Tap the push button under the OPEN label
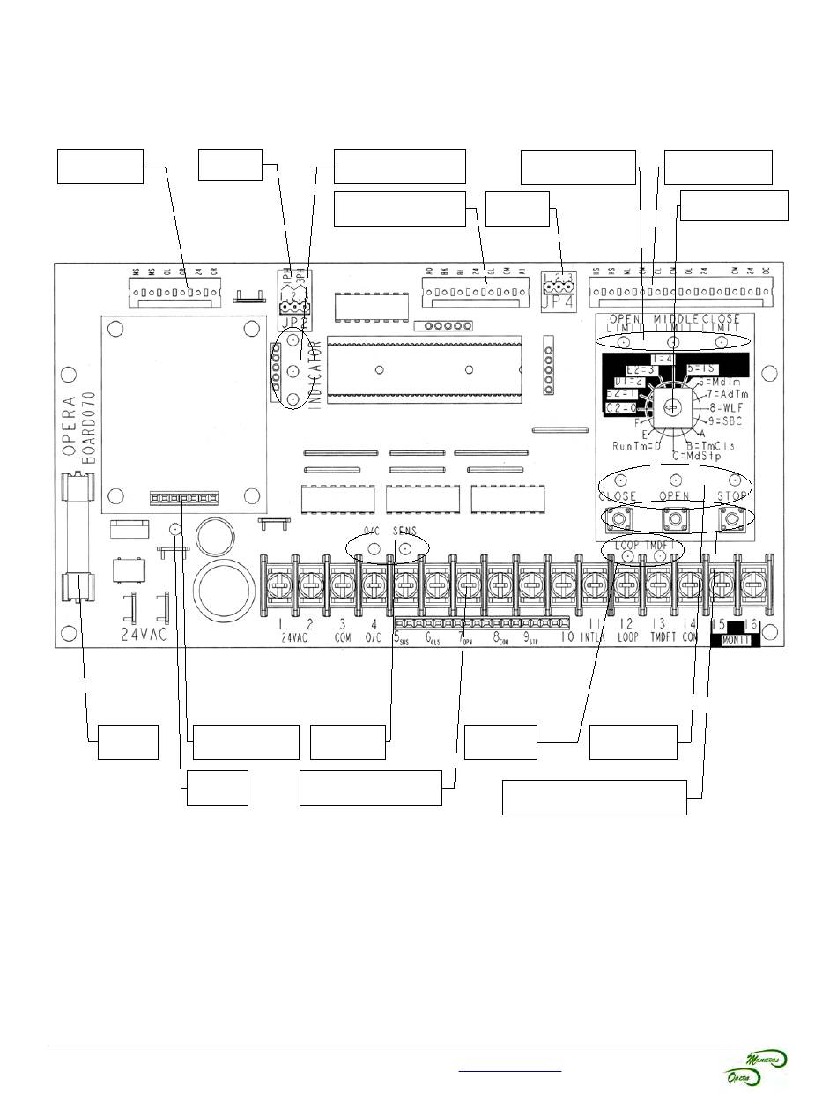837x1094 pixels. tap(675, 518)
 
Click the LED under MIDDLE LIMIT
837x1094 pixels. tap(674, 342)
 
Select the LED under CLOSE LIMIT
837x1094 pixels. tap(722, 342)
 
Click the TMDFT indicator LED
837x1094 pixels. tap(659, 557)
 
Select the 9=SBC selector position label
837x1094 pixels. tap(728, 420)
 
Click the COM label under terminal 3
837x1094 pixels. tap(342, 636)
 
